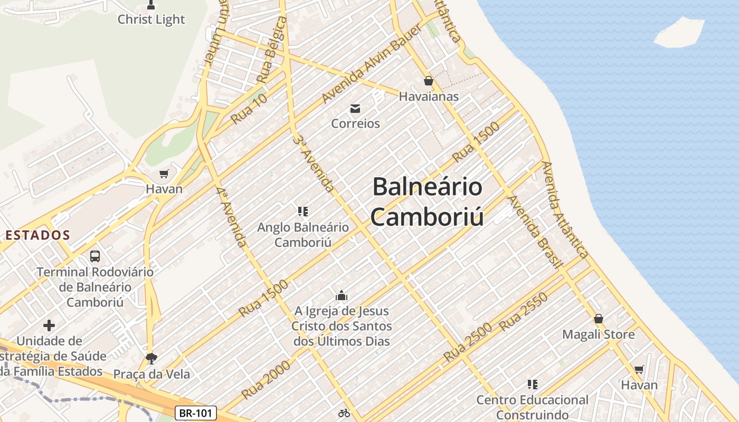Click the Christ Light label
coord(151,20)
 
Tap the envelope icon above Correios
coord(355,109)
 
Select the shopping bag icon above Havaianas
coord(428,81)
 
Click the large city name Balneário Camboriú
coord(427,202)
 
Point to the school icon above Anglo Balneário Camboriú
coord(303,212)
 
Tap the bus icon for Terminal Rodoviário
coord(95,256)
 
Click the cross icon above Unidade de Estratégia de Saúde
coord(49,325)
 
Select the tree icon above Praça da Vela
coord(151,359)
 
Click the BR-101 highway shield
coord(195,413)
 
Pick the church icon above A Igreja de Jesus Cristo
coord(342,295)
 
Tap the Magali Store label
coord(598,334)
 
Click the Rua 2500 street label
coord(467,342)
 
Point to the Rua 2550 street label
coord(523,312)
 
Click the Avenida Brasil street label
coord(533,231)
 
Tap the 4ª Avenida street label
coord(231,216)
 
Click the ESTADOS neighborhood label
coord(37,235)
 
